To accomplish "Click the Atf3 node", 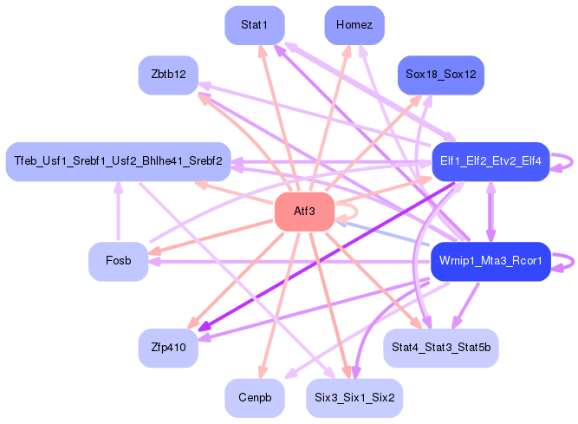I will click(x=304, y=212).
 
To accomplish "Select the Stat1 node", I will click(x=255, y=25).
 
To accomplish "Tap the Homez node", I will click(x=354, y=25).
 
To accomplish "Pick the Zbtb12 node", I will click(x=168, y=75).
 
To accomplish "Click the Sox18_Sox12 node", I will click(x=440, y=75).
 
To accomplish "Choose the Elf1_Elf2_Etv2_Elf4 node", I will click(x=490, y=161).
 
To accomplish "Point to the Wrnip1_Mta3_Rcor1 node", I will click(x=490, y=261).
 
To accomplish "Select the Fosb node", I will click(x=118, y=261).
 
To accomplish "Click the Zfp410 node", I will click(x=168, y=348).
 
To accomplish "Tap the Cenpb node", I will click(x=255, y=398).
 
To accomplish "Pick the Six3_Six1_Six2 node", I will click(x=354, y=398).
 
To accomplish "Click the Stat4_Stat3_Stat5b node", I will click(x=440, y=348).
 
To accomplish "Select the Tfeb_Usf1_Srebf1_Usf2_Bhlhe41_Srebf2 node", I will click(x=118, y=161).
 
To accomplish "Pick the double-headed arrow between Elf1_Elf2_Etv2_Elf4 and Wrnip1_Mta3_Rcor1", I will click(x=490, y=211).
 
